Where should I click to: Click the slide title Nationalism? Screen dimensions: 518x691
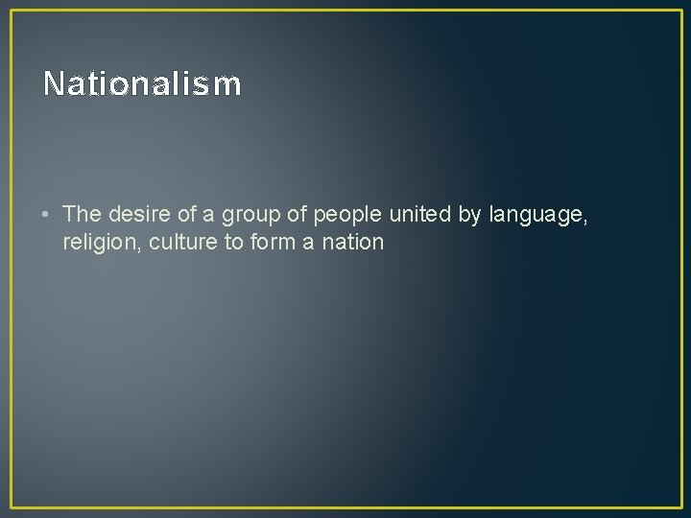(x=142, y=84)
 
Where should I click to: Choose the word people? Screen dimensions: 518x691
(x=349, y=215)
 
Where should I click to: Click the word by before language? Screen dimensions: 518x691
(x=470, y=215)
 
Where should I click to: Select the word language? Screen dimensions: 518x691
(x=537, y=216)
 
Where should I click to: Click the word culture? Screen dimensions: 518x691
(x=182, y=242)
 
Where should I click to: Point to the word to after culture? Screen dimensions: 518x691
(x=234, y=242)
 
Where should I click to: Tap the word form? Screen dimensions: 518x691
(x=274, y=242)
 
